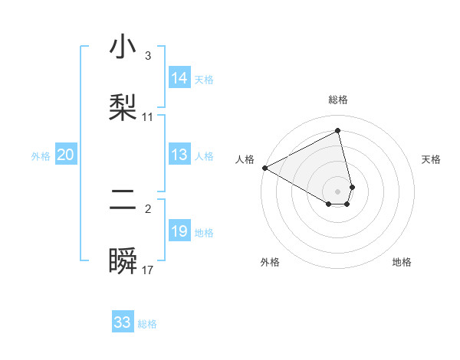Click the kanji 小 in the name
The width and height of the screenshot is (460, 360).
(x=123, y=47)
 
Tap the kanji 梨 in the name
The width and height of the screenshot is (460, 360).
(x=123, y=107)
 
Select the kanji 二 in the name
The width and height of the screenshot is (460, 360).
(x=123, y=201)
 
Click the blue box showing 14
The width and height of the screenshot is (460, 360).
(x=179, y=78)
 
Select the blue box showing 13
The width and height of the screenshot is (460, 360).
(x=179, y=155)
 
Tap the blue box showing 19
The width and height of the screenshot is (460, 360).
(x=179, y=231)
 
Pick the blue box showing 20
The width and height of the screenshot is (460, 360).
(x=66, y=155)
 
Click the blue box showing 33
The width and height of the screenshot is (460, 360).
(x=123, y=322)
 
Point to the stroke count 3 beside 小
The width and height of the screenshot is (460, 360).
(x=148, y=56)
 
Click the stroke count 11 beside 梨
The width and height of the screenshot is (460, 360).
(x=148, y=117)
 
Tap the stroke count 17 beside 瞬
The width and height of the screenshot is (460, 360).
(x=148, y=270)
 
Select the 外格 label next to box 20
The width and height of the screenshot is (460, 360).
(x=41, y=156)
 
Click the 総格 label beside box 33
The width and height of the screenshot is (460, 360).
(x=147, y=324)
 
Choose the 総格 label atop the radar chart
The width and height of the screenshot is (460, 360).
(x=338, y=100)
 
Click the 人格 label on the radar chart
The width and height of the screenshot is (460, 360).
(x=245, y=159)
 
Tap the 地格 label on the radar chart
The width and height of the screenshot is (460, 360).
(x=402, y=262)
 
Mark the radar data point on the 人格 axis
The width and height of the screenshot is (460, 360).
(x=264, y=168)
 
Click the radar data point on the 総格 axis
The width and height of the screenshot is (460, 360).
(x=338, y=130)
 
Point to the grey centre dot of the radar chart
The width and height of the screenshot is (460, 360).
(x=338, y=191)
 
